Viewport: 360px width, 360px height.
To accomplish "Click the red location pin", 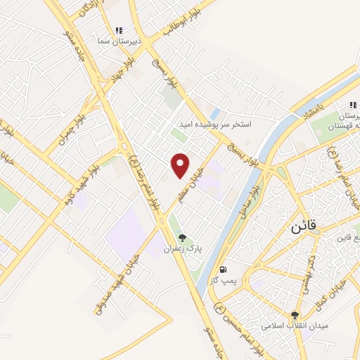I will [181, 165].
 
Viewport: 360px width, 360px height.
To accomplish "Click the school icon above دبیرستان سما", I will [119, 31].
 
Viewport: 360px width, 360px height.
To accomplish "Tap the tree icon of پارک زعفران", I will [183, 238].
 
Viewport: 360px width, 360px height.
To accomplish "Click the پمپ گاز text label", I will [224, 280].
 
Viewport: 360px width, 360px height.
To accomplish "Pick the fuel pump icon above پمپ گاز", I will [224, 269].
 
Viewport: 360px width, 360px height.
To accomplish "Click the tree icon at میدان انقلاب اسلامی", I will [295, 316].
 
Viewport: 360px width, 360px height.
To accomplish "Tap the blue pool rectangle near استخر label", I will [215, 112].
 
